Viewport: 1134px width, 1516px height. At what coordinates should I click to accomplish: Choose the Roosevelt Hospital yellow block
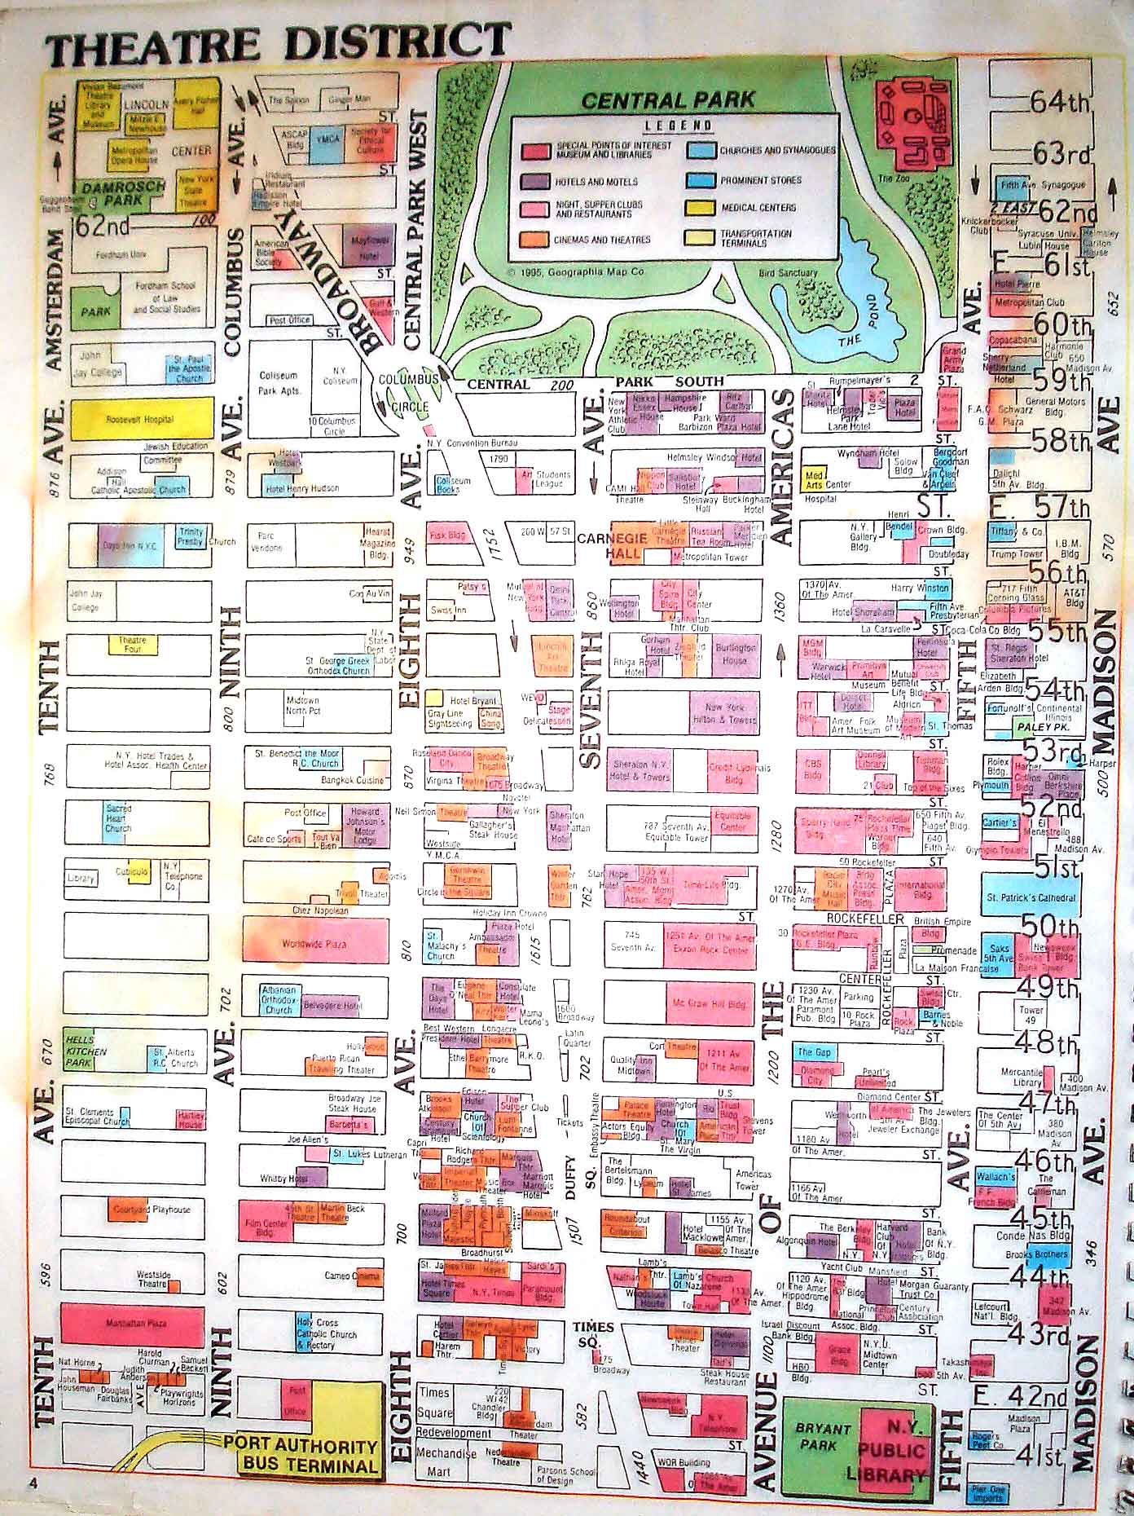(x=141, y=419)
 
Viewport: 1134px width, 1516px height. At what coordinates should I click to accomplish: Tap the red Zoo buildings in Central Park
(x=912, y=122)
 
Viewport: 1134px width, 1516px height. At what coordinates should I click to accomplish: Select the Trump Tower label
(x=1016, y=554)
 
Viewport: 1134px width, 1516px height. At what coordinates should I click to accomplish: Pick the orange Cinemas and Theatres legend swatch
(x=534, y=240)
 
